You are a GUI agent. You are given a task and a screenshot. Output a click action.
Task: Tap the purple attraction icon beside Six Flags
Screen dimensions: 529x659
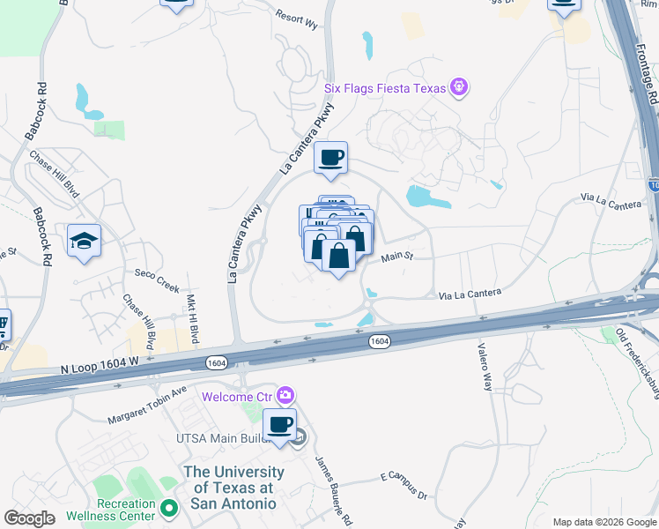point(458,87)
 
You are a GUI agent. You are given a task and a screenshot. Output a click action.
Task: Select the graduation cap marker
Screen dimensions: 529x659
point(84,242)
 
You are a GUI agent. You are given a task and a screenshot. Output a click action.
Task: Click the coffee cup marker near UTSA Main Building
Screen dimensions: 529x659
point(279,425)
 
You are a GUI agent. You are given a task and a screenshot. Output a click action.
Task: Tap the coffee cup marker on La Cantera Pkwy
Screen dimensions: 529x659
point(330,158)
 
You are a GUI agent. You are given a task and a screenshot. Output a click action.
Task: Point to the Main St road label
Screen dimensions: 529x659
point(397,258)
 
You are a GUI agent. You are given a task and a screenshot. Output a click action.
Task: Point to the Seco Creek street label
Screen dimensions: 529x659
point(157,281)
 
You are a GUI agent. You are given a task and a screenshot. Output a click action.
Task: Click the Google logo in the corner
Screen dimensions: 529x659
point(29,518)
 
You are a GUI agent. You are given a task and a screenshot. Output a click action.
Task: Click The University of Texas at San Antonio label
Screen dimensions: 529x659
point(230,487)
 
